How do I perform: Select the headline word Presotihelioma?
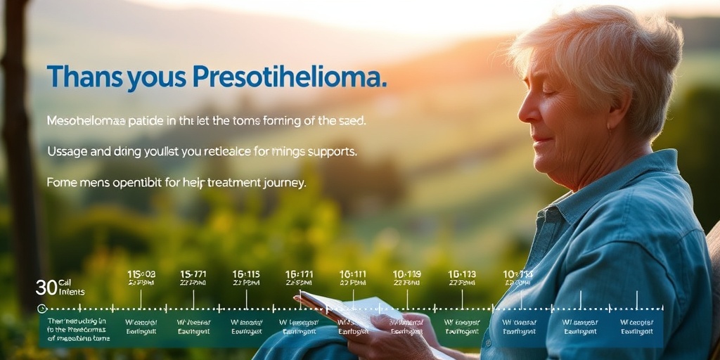[x=289, y=77]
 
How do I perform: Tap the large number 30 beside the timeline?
[x=46, y=287]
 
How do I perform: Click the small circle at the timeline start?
[x=41, y=308]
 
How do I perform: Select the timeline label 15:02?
[x=141, y=274]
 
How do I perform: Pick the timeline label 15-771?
[x=193, y=274]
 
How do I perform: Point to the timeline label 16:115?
[x=246, y=274]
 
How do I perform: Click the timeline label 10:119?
[x=406, y=274]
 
